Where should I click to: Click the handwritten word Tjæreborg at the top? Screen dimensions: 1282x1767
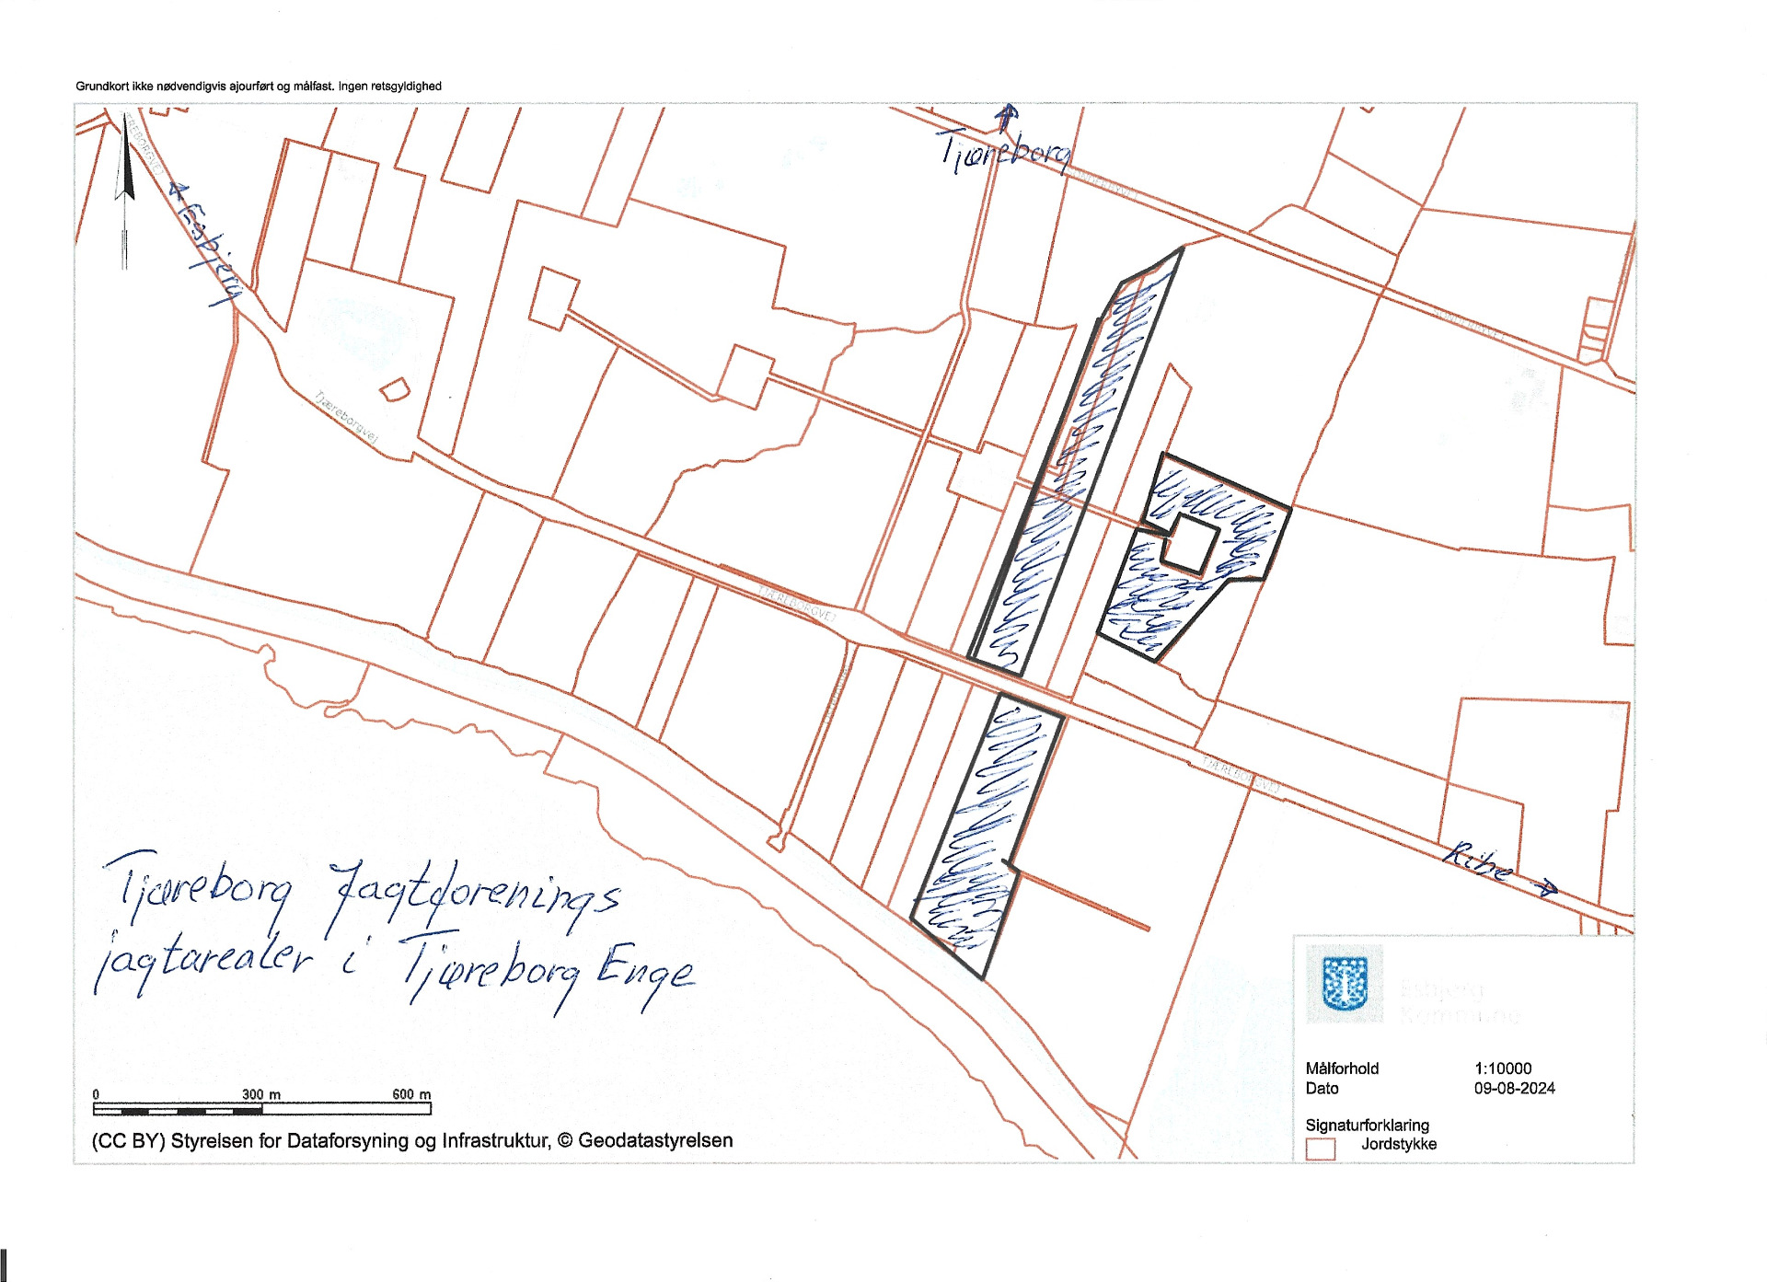(x=1005, y=150)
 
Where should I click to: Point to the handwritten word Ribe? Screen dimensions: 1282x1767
(x=1478, y=860)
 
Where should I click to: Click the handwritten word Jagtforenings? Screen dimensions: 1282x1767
(x=475, y=896)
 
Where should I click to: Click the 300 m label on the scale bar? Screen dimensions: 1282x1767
(x=261, y=1094)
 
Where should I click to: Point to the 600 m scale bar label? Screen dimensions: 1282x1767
(x=411, y=1094)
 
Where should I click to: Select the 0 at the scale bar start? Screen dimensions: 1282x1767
(x=96, y=1095)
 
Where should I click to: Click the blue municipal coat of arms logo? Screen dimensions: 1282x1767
(x=1345, y=983)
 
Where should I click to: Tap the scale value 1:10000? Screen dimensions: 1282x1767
(x=1503, y=1068)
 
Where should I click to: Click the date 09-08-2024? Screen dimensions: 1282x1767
(x=1514, y=1088)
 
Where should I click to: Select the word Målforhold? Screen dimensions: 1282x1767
(x=1342, y=1068)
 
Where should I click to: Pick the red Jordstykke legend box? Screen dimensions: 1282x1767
(x=1321, y=1149)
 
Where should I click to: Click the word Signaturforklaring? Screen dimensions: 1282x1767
(x=1367, y=1125)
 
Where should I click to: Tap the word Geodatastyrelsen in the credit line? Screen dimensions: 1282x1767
(x=655, y=1141)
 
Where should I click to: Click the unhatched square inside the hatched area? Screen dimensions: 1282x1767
(x=1191, y=543)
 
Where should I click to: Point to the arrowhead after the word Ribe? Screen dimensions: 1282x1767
(x=1546, y=887)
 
